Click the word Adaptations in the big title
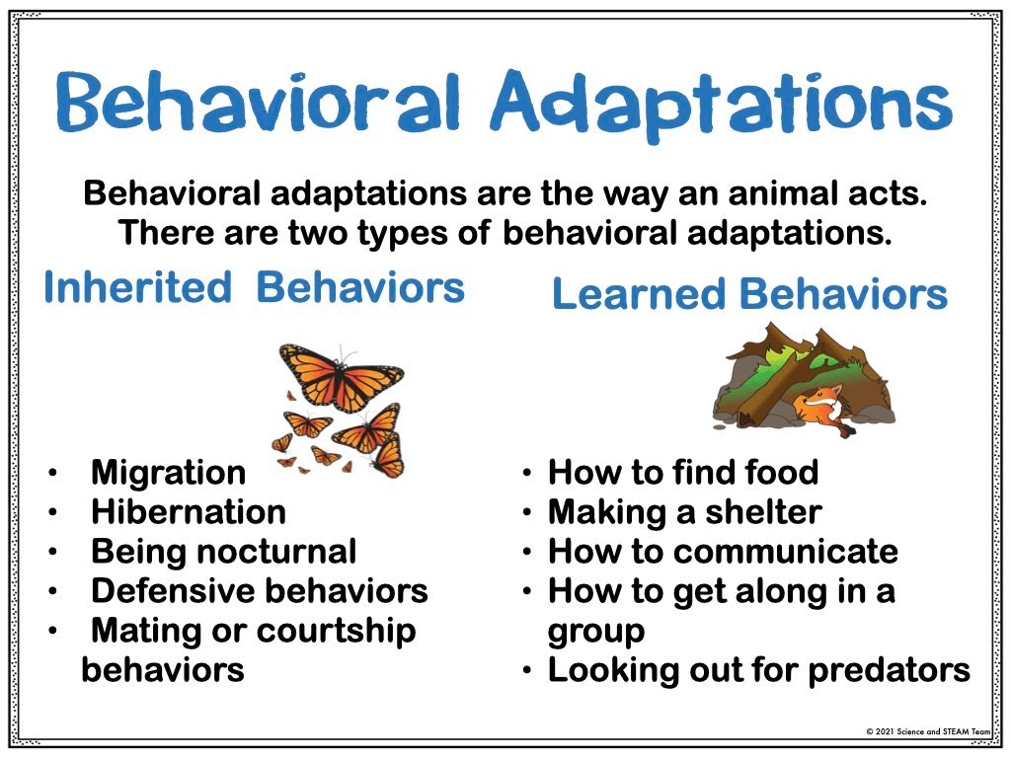(721, 103)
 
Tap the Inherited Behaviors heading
(254, 287)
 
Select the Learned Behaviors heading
(750, 293)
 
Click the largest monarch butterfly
(341, 377)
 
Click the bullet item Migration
(168, 473)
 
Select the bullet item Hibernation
(189, 512)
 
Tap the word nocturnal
(276, 552)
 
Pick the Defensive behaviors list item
(260, 591)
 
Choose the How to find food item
(683, 472)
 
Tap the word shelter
(763, 512)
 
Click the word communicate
(785, 552)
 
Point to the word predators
(890, 670)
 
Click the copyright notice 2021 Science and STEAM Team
(927, 731)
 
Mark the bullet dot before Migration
(52, 474)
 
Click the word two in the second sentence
(322, 233)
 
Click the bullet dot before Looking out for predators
(527, 671)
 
